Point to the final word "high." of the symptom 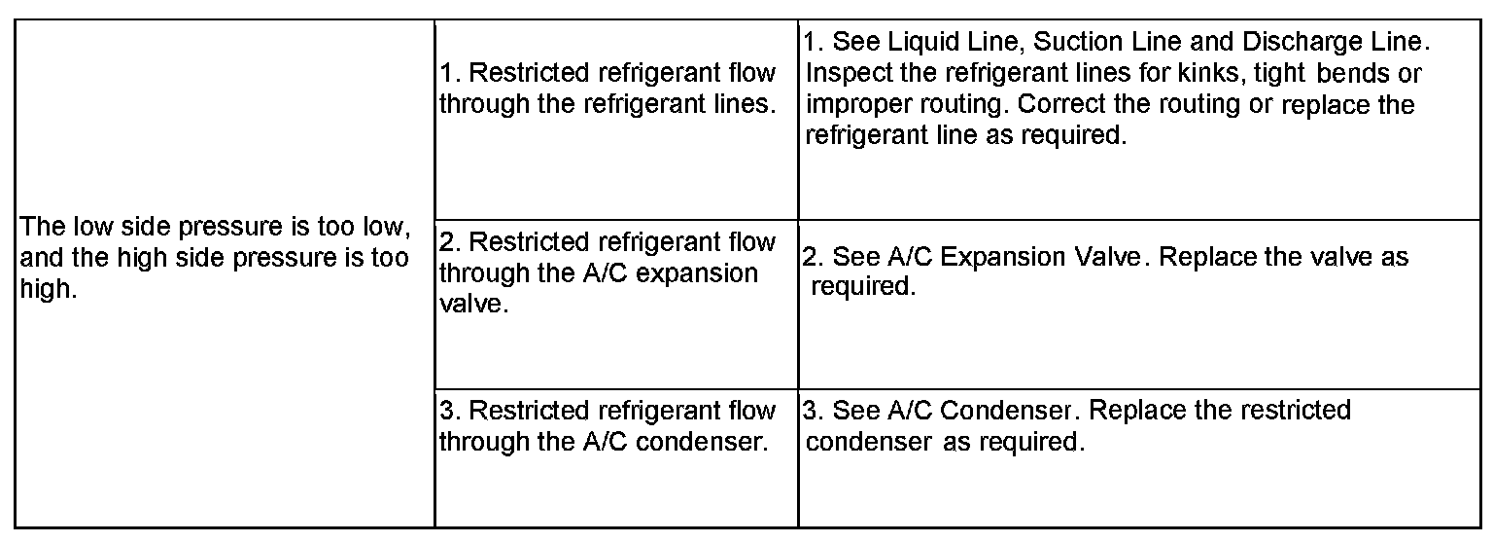coord(48,290)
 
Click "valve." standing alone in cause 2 coord(473,304)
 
